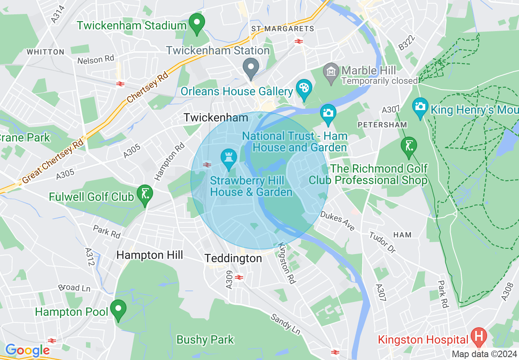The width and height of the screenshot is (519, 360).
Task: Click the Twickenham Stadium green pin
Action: coord(197,24)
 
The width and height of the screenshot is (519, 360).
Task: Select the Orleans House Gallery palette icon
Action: coord(304,90)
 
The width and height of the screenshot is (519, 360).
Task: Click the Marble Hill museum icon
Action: coord(331,71)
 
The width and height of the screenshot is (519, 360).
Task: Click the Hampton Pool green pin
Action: coord(119,310)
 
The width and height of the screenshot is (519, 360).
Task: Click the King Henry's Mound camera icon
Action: coord(420,108)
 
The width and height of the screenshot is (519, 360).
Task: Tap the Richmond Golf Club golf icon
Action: coord(409,147)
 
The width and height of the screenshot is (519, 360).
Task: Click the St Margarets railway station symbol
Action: coord(298,41)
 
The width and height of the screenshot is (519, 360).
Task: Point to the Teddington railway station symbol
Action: coord(239,277)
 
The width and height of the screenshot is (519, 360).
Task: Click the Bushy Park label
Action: coord(205,340)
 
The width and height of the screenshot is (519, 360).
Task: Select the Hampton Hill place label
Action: coord(149,255)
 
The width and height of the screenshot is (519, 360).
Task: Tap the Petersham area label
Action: coord(382,124)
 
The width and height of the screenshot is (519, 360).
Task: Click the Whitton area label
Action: coord(45,52)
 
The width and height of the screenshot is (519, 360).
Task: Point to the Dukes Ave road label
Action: coord(338,221)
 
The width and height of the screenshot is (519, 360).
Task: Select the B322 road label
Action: coord(406,43)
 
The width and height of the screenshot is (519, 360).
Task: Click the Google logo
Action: coord(27,351)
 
